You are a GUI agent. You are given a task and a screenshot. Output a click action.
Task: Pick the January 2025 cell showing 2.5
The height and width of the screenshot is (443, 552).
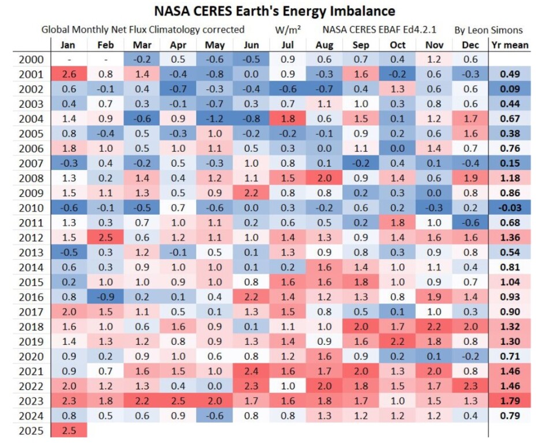[69, 430]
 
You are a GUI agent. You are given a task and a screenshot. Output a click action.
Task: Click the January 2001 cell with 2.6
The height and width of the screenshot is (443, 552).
[69, 74]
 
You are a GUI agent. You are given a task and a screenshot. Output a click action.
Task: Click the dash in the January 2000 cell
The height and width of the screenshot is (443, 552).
[69, 59]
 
